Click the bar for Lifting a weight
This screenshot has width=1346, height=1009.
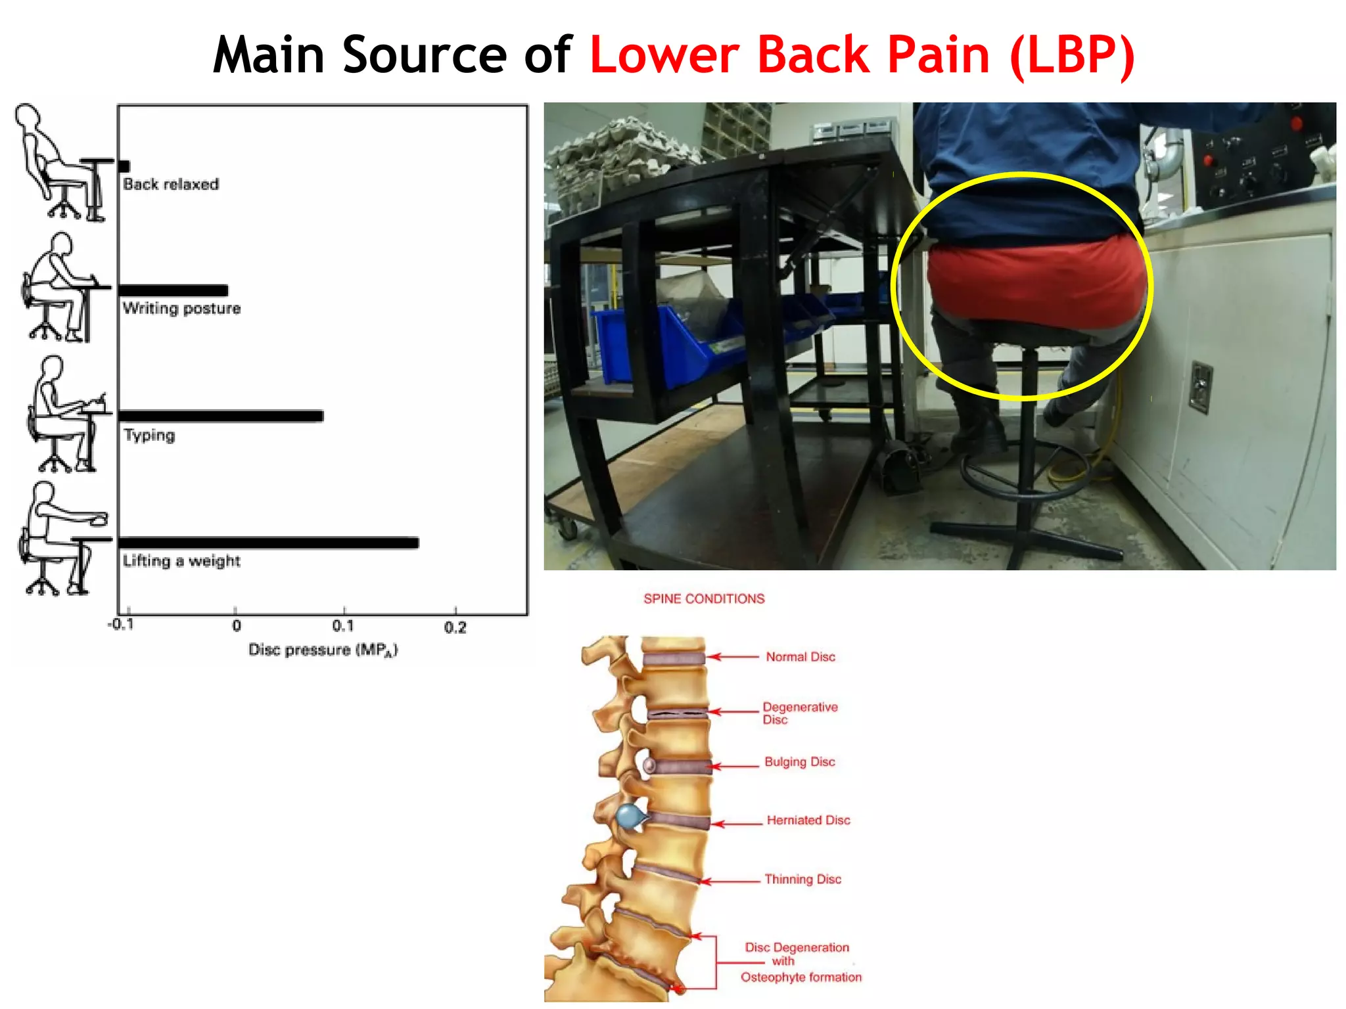[268, 543]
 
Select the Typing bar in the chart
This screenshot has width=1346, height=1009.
[221, 416]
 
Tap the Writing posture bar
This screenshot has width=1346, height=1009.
[173, 290]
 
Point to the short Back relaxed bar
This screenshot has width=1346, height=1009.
[124, 166]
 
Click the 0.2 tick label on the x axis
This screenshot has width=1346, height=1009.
[455, 627]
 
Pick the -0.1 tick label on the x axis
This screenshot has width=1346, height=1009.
[121, 624]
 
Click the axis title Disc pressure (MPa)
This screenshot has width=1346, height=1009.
[323, 650]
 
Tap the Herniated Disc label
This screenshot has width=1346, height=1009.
[808, 820]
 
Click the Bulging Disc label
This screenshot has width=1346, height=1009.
[799, 762]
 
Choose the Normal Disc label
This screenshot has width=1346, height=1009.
[800, 657]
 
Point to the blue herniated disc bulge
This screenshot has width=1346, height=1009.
[629, 817]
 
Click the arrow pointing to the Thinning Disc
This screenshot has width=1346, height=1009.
[730, 881]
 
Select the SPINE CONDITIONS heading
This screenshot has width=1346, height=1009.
[704, 598]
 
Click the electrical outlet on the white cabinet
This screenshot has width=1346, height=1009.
[1201, 387]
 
